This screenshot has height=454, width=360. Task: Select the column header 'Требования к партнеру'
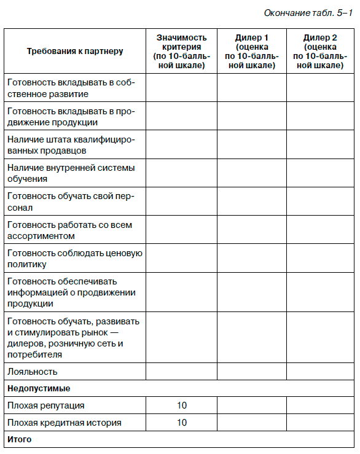pos(75,51)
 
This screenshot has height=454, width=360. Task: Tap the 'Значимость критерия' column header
pos(181,51)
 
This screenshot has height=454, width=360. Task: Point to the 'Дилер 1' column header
pos(251,51)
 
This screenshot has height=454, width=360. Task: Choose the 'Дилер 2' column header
pos(320,51)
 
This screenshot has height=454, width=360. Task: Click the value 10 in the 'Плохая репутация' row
pos(182,405)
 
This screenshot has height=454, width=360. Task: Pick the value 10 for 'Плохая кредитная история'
pos(182,423)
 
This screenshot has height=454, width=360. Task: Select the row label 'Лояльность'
pos(33,371)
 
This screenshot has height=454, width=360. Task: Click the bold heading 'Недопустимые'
pos(39,388)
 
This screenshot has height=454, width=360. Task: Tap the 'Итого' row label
pos(20,439)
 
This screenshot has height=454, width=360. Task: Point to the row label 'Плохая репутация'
pos(46,405)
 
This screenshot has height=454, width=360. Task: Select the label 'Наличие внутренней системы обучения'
pos(71,173)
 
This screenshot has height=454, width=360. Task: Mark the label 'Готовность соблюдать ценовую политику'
pos(74,259)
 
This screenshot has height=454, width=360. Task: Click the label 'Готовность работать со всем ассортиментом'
pos(69,230)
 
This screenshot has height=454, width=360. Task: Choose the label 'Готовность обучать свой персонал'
pos(71,202)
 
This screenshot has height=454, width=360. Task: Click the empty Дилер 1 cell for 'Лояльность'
pos(251,371)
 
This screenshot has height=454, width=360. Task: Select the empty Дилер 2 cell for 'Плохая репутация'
pos(320,405)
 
